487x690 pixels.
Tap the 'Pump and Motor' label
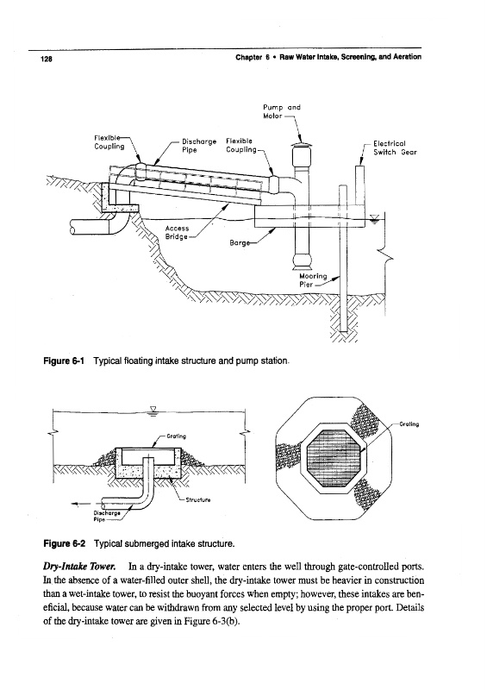[x=282, y=111]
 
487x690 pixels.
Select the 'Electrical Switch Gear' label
[x=395, y=147]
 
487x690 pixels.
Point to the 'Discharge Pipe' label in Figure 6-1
[x=199, y=146]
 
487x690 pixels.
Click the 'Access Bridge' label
[x=177, y=232]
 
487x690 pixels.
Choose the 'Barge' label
[x=239, y=242]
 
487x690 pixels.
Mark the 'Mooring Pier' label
[x=313, y=280]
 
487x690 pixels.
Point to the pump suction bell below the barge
[x=301, y=260]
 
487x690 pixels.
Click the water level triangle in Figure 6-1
[x=374, y=218]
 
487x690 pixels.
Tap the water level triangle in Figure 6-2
[x=153, y=411]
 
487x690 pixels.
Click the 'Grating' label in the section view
[x=176, y=436]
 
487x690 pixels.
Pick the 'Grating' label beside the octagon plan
[x=409, y=424]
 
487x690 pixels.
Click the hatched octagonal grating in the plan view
[x=333, y=456]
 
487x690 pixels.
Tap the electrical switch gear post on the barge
[x=359, y=185]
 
